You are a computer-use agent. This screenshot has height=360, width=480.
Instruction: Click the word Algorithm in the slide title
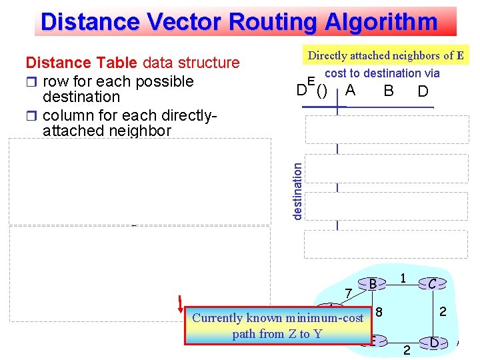click(x=381, y=22)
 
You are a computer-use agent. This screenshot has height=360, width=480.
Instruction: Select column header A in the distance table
click(x=351, y=90)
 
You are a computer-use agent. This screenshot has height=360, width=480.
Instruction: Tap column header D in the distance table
click(x=423, y=91)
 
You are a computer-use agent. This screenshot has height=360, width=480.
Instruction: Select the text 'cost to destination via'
click(x=382, y=73)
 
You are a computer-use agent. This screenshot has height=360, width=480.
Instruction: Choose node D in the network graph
click(x=434, y=343)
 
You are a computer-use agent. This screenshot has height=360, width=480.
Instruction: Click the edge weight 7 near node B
click(x=347, y=294)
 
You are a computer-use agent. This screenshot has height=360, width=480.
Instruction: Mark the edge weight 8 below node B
click(x=379, y=311)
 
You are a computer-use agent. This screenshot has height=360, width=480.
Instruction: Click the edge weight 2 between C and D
click(x=442, y=311)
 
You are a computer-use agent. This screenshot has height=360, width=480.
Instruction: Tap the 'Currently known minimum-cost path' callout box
click(x=277, y=325)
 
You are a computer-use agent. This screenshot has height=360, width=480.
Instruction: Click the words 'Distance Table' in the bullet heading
click(x=81, y=63)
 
